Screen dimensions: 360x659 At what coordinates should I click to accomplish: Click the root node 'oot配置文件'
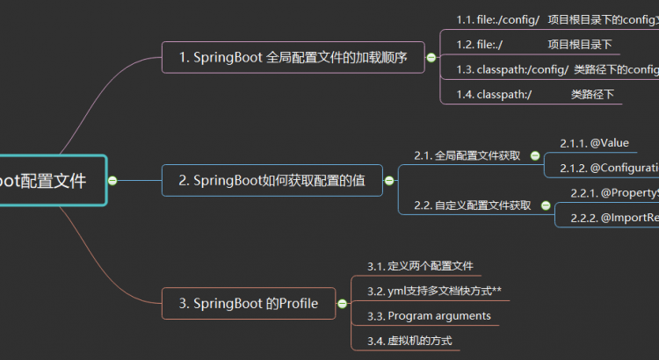pos(48,180)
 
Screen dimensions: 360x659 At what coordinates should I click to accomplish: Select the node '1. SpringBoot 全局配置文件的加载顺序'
pos(292,58)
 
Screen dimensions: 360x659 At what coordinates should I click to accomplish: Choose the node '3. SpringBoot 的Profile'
pos(249,304)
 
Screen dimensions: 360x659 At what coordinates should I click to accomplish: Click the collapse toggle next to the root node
pos(112,180)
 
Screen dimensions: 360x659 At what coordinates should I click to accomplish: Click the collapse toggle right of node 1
pos(431,58)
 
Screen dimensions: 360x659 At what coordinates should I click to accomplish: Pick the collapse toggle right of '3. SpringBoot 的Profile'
pos(343,304)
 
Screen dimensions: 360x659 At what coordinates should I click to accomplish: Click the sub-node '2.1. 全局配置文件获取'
pos(467,155)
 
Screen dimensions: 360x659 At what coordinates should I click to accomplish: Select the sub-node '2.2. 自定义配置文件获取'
pos(472,205)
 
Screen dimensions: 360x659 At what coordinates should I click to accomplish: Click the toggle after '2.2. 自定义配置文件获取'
pos(546,205)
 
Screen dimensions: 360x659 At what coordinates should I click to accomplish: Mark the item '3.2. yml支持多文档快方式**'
pos(434,291)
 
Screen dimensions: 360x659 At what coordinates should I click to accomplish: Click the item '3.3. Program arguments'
pos(429,315)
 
